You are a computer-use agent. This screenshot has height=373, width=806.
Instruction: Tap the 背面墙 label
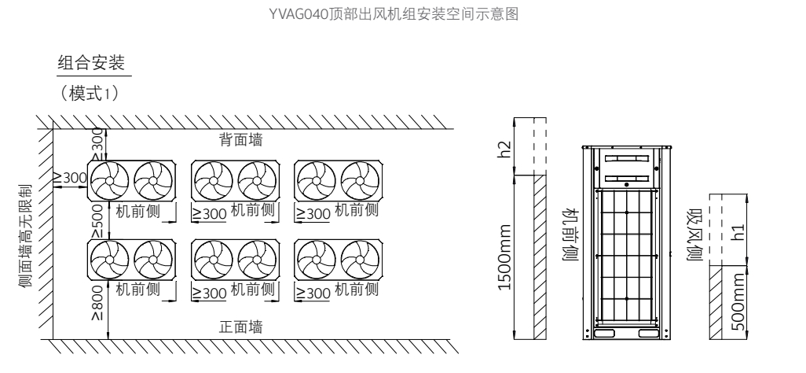point(240,140)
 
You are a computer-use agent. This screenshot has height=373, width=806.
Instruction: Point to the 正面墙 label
point(240,327)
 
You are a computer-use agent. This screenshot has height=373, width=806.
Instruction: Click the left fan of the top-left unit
point(108,182)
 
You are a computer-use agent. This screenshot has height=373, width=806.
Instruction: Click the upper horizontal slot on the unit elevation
point(626,157)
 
